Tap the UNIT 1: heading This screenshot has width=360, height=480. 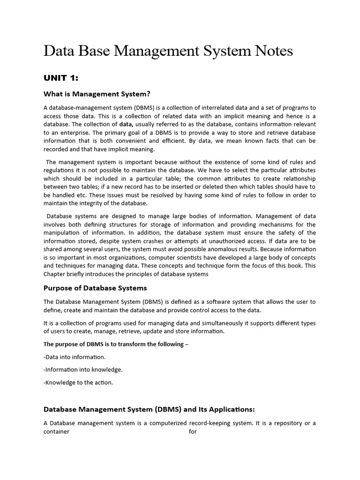61,78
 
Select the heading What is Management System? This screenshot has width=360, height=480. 97,94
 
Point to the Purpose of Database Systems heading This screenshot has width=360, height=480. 95,288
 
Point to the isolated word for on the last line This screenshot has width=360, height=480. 193,431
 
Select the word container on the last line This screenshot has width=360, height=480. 56,431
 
